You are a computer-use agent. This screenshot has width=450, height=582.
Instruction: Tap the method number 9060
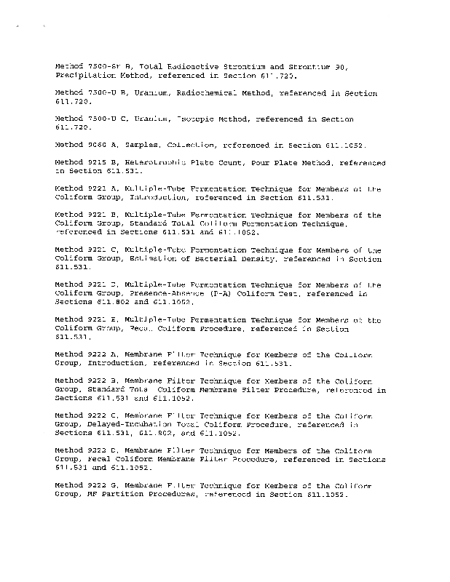pos(95,144)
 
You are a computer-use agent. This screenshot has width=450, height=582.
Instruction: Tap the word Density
pos(258,258)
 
